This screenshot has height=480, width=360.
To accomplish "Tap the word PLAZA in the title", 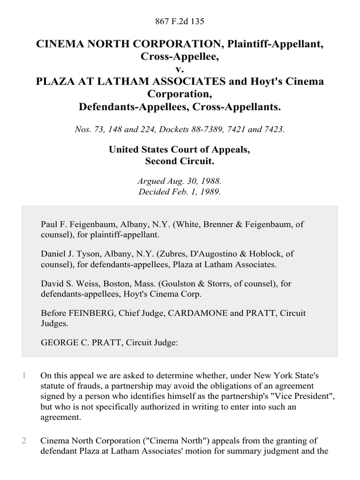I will point(56,82).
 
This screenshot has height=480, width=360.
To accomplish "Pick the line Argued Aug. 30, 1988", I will point(180,181).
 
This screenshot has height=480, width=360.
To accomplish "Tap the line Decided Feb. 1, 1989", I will point(180,191).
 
